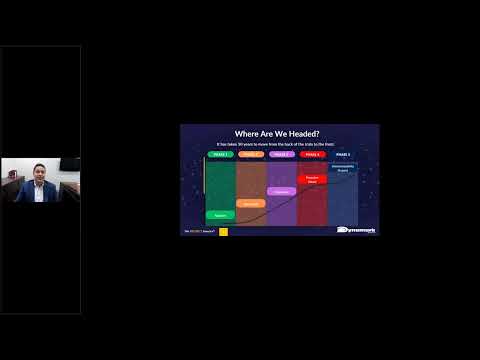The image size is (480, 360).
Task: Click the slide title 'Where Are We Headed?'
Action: [277, 133]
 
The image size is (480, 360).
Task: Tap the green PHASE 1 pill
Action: [220, 155]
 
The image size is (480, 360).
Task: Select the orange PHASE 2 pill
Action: [251, 155]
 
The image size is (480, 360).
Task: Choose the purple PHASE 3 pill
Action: [282, 155]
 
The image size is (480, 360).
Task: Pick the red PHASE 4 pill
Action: [312, 155]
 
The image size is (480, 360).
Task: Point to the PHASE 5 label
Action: [343, 155]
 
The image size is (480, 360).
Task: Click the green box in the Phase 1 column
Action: [220, 215]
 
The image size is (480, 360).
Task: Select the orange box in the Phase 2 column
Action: [251, 203]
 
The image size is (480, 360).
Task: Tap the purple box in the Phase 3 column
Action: [282, 191]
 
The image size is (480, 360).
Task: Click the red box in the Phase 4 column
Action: [312, 180]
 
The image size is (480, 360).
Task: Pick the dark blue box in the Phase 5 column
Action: [343, 169]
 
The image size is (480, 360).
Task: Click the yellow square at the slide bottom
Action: [223, 232]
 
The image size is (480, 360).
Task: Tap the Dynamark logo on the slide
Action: [357, 230]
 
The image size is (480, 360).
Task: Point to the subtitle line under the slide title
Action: [277, 145]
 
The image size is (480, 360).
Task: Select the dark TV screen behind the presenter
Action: [69, 164]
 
